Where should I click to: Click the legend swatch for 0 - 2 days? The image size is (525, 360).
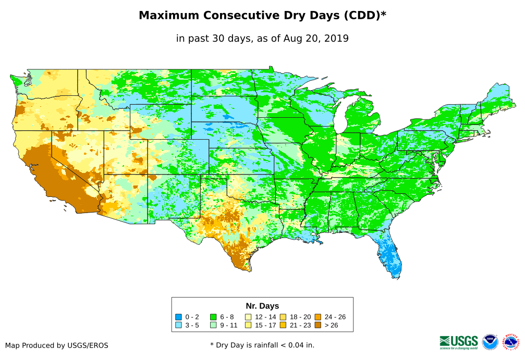178,317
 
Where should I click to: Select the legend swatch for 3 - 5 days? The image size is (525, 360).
178,325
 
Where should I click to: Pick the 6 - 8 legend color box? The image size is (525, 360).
213,317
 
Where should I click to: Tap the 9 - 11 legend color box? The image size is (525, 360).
213,325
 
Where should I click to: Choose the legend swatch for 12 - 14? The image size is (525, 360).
248,317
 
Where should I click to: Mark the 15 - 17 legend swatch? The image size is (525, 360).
248,325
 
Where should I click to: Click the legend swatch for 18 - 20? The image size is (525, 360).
283,317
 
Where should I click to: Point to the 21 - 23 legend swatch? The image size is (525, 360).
283,325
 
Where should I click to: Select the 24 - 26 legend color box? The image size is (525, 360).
318,317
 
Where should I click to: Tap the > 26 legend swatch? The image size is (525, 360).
318,325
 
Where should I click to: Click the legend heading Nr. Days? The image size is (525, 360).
262,306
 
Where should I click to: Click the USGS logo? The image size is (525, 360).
459,342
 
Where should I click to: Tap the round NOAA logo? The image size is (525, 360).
490,342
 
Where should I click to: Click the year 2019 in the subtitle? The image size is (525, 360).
337,38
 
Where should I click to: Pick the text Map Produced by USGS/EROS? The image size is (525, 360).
57,345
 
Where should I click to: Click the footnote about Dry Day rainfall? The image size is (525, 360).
262,345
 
